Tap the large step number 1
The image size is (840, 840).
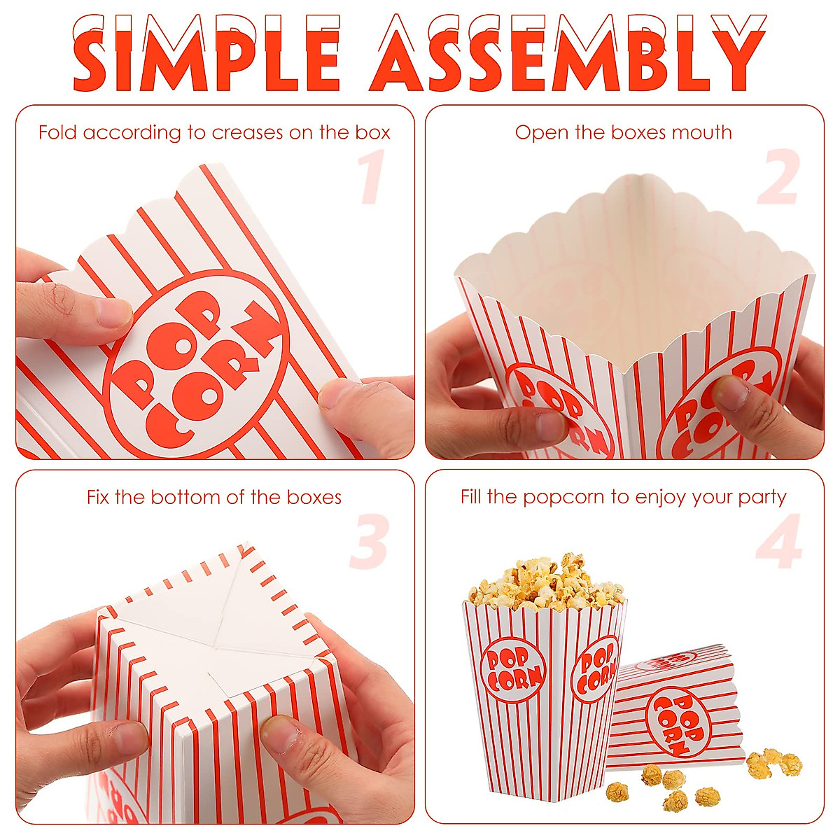[x=371, y=178]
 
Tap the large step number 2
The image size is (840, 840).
[x=778, y=178]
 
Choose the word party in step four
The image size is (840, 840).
[x=762, y=498]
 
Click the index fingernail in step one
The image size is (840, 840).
[x=114, y=313]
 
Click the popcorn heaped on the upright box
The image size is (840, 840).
[x=546, y=584]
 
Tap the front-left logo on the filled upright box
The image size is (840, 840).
[x=513, y=669]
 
